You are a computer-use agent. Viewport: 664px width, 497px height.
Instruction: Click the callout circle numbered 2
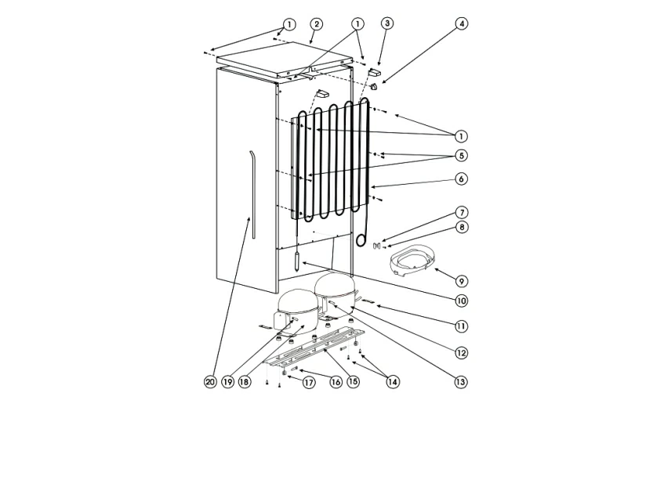316,24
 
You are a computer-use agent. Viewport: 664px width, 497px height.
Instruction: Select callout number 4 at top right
462,24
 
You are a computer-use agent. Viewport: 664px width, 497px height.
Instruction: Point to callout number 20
209,382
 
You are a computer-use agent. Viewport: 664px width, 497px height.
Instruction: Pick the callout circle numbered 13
461,382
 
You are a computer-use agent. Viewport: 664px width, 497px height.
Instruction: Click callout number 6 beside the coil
462,179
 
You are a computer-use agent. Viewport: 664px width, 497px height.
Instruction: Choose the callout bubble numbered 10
462,301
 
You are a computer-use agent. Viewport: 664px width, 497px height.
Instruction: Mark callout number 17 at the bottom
309,382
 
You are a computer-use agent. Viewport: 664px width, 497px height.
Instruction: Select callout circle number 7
462,212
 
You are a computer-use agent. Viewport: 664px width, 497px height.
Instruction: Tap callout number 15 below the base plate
354,382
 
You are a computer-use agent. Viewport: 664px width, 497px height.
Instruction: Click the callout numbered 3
387,24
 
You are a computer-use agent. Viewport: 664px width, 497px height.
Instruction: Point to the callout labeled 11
462,326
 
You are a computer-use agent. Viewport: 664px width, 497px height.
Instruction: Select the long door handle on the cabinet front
249,188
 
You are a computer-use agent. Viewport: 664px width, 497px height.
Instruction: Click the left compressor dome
294,307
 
